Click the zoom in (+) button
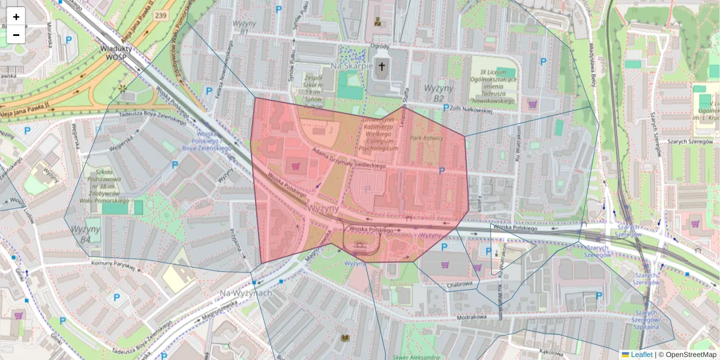(16, 16)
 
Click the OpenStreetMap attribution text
(688, 355)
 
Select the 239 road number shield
(160, 15)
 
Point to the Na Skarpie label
(352, 65)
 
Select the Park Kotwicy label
(427, 138)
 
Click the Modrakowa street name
(470, 316)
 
